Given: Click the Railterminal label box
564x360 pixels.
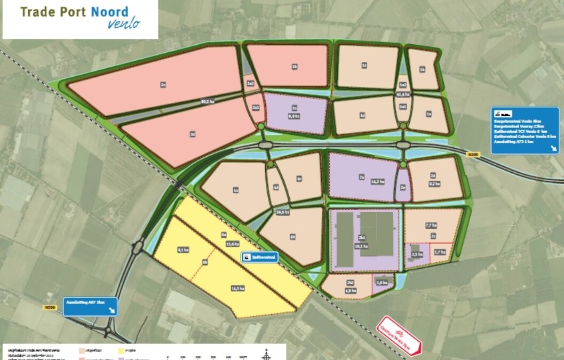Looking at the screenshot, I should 259,257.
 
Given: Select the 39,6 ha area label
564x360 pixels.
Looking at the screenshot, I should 283,212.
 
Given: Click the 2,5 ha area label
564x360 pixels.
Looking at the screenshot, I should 417,254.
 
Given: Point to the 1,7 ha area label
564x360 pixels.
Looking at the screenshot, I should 440,252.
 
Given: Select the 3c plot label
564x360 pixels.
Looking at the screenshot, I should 163,84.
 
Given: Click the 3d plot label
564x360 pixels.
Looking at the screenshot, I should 192,134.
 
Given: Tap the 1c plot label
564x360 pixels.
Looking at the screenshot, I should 364,65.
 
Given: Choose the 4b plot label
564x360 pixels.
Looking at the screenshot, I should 292,236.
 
